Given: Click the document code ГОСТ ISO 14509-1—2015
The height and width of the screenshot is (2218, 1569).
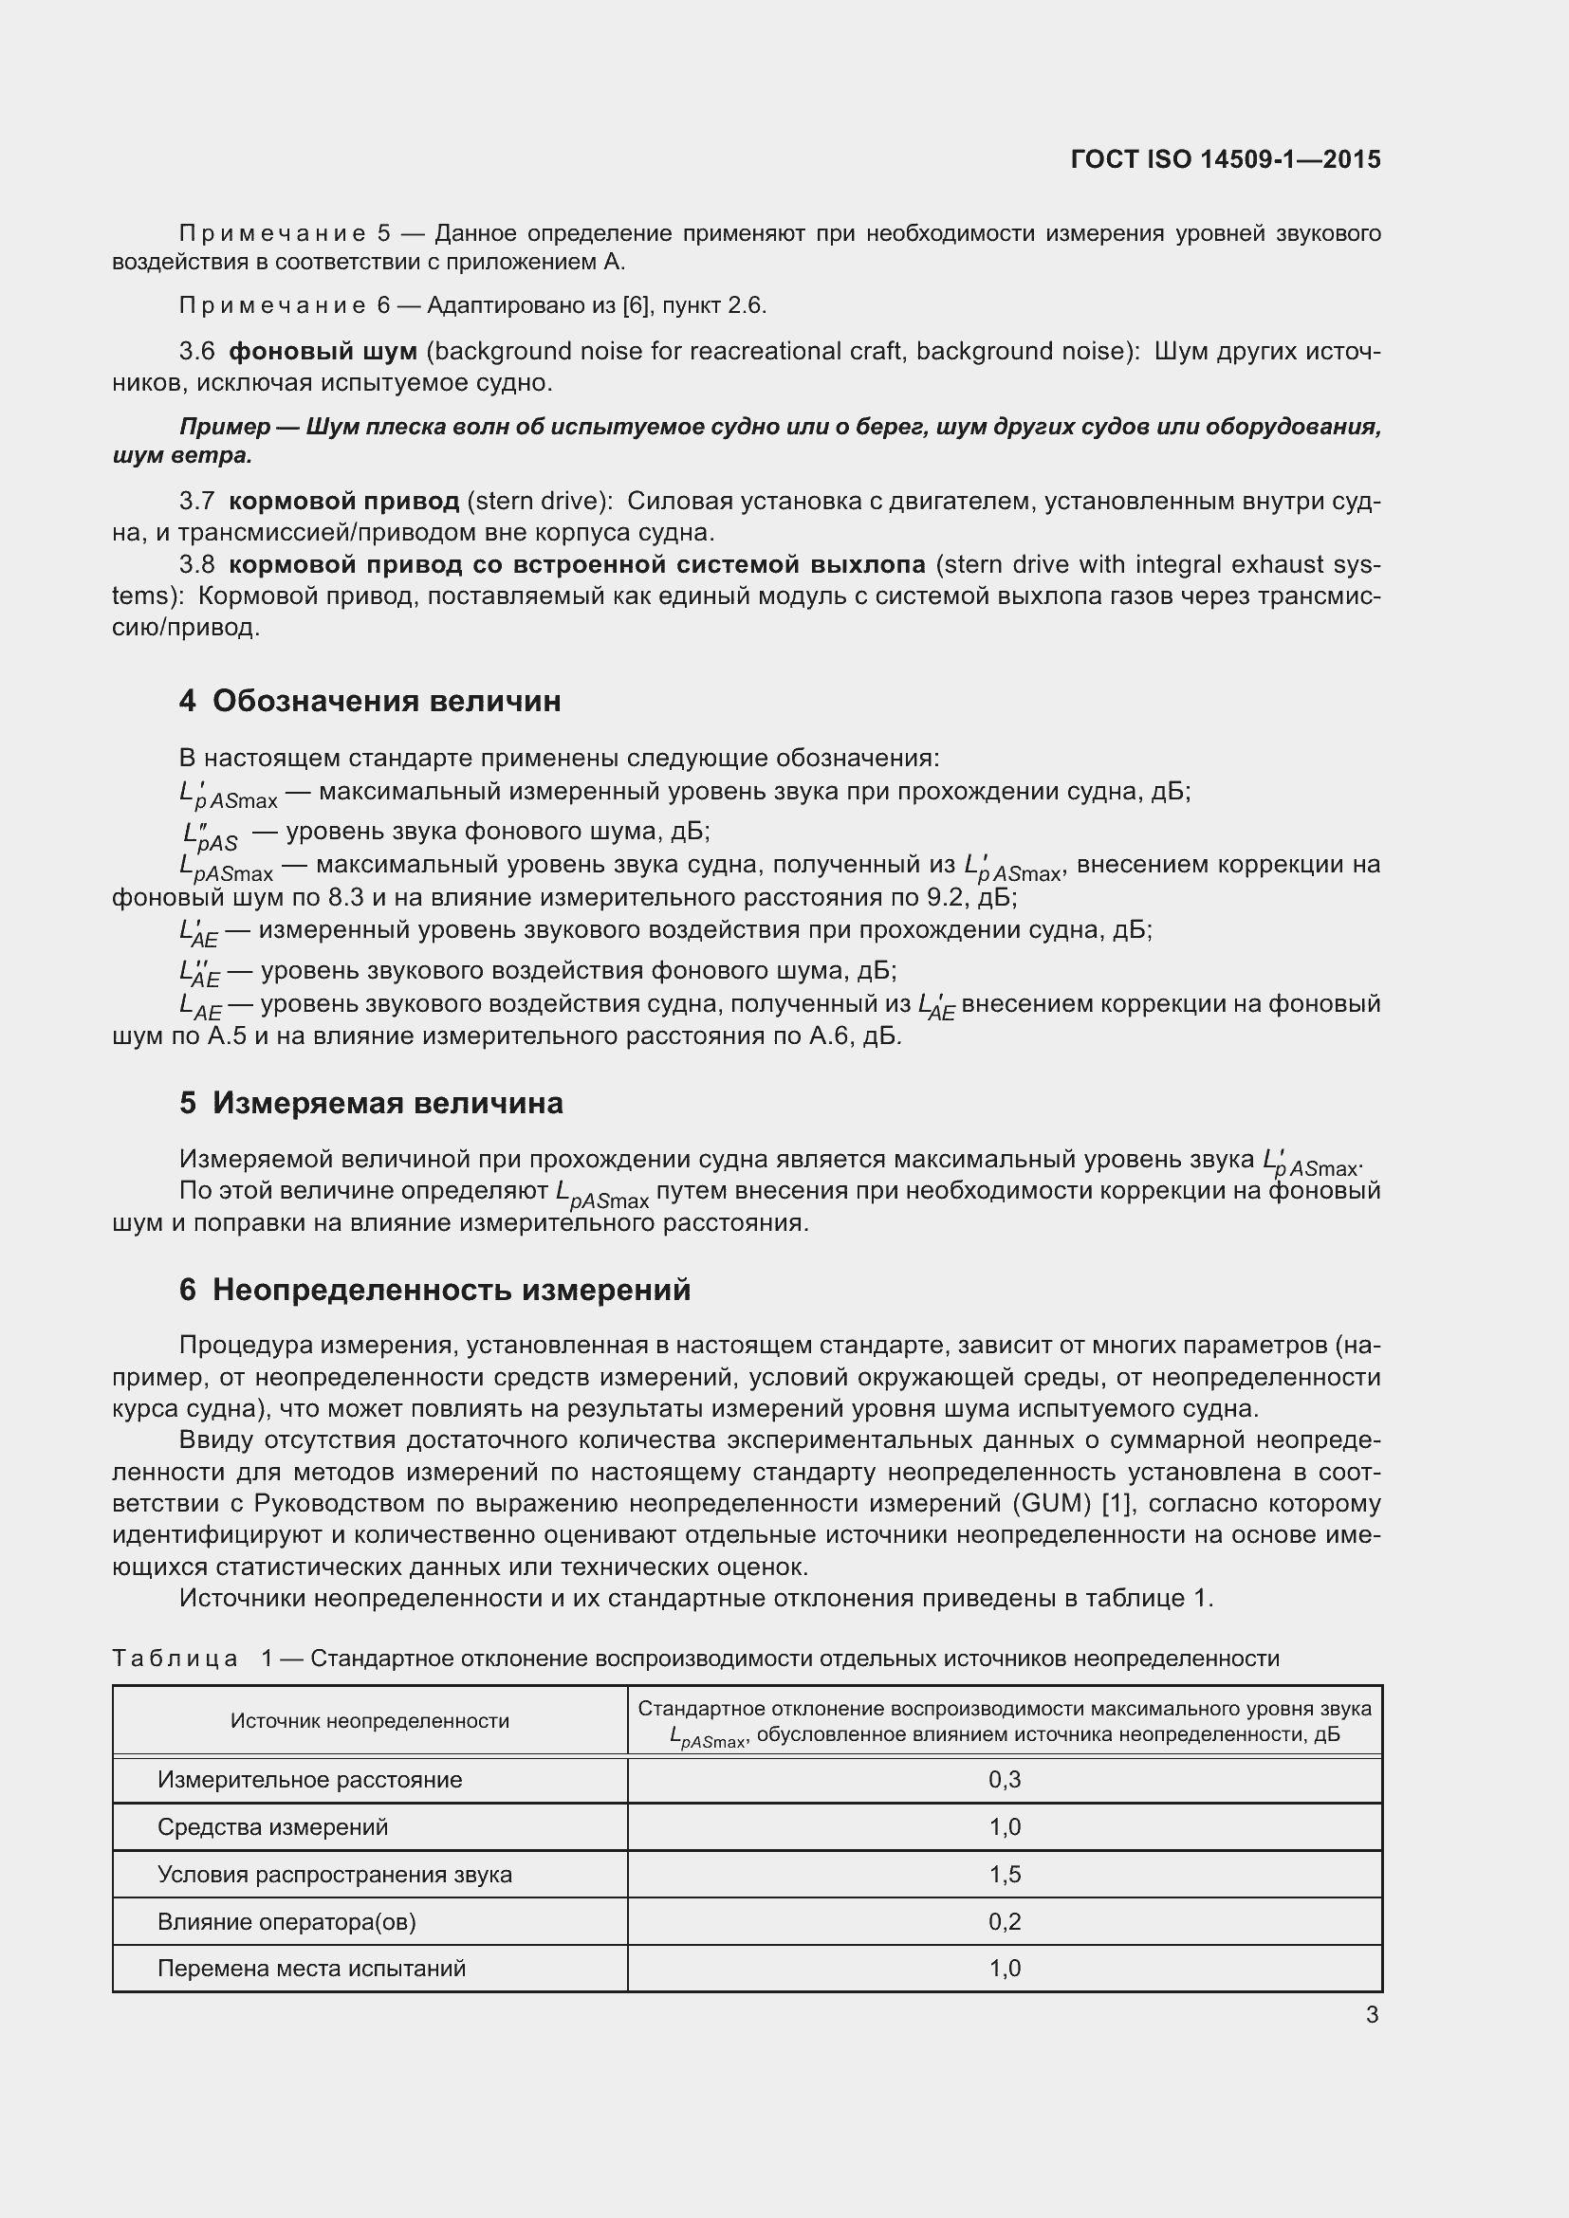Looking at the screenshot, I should [1225, 159].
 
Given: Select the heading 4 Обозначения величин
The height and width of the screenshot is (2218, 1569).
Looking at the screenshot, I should [369, 701].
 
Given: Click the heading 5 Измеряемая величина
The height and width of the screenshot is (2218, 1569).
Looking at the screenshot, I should [371, 1102].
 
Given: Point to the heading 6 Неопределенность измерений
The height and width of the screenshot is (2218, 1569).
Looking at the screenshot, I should [434, 1290].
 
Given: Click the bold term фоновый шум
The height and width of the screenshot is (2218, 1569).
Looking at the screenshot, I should [323, 351].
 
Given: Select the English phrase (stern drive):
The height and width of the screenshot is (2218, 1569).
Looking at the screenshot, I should [540, 501].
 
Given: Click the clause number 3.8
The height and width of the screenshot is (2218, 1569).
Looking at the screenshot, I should [197, 564].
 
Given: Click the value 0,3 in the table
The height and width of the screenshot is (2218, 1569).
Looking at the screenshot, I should [1005, 1779].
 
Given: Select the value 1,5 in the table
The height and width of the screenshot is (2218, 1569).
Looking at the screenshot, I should [1005, 1874].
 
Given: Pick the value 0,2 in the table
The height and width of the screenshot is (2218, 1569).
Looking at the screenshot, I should [1005, 1921].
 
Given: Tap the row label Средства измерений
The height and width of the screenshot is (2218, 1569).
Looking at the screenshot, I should [272, 1826].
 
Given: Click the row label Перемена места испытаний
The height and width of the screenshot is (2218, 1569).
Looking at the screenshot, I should [311, 1969].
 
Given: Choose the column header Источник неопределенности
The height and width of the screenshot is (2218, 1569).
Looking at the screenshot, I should [369, 1720].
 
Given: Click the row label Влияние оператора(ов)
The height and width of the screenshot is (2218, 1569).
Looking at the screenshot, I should [286, 1921].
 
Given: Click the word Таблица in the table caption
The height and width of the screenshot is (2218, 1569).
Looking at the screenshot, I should [175, 1659].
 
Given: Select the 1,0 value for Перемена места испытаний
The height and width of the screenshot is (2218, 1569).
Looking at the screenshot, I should [1005, 1969].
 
